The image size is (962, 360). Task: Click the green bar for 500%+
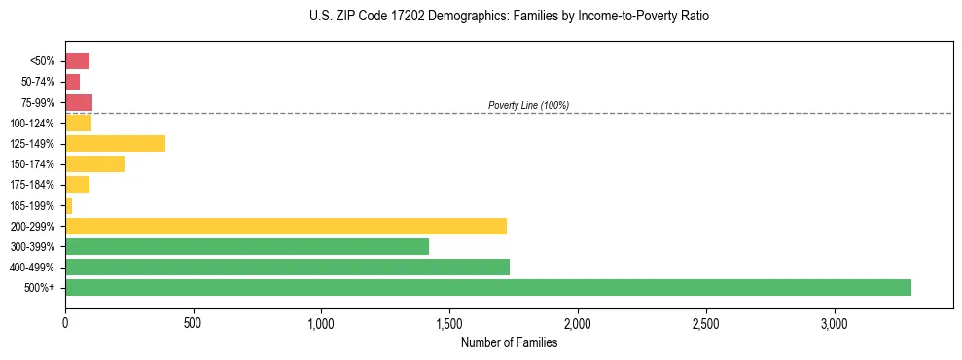487,288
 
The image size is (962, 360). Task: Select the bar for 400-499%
287,268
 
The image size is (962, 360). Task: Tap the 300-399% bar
247,247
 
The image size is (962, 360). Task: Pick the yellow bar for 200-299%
286,227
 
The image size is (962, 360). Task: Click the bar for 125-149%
115,144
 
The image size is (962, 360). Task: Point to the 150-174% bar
94,164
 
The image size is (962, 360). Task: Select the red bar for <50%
77,61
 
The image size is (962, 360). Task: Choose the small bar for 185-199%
68,205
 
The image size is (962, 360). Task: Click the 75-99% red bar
79,102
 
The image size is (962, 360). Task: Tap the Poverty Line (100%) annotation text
528,105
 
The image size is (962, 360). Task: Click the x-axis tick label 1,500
449,323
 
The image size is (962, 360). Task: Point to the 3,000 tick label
834,323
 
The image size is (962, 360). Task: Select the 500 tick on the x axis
193,323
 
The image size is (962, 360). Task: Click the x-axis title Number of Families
509,342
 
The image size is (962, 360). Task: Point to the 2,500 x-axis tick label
705,323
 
